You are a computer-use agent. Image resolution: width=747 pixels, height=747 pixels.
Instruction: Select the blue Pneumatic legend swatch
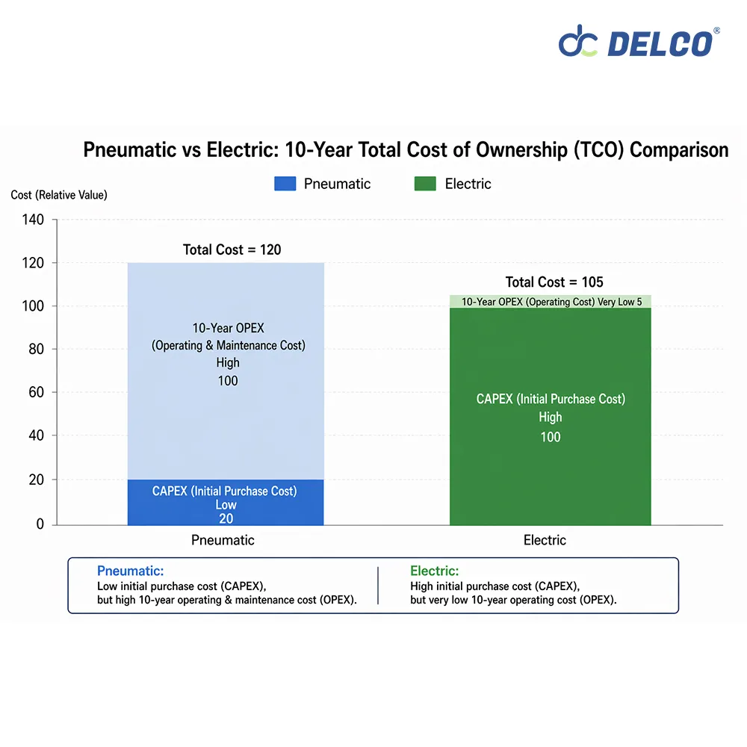coord(285,184)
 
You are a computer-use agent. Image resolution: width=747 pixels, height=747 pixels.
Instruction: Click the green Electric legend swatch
coord(425,184)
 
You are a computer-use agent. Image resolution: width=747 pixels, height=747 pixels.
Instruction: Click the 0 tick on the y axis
coord(40,524)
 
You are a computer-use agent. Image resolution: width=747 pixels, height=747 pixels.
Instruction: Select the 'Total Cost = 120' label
coord(232,249)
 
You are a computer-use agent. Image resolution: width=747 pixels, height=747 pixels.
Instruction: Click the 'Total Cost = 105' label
coord(554,282)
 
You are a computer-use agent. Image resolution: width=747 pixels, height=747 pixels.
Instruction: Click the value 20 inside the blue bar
coord(226,518)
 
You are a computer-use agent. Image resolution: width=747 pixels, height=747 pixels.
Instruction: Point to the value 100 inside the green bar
coord(551,437)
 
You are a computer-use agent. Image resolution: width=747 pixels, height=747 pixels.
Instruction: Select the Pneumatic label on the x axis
coord(223,540)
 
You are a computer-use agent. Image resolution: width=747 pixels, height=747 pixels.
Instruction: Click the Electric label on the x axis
coord(545,540)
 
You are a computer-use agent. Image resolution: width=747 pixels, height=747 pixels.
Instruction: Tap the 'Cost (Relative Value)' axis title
coord(59,195)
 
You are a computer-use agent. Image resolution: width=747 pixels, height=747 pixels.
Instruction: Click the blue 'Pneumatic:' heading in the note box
coord(130,571)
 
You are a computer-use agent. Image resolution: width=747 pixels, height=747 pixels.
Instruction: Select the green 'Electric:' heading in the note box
coord(434,571)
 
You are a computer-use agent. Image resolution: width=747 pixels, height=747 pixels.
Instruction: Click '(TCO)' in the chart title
coord(598,149)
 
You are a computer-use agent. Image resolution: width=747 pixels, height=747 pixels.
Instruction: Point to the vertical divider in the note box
coord(378,586)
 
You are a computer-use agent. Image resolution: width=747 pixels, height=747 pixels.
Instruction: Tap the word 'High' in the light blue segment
coord(228,363)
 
